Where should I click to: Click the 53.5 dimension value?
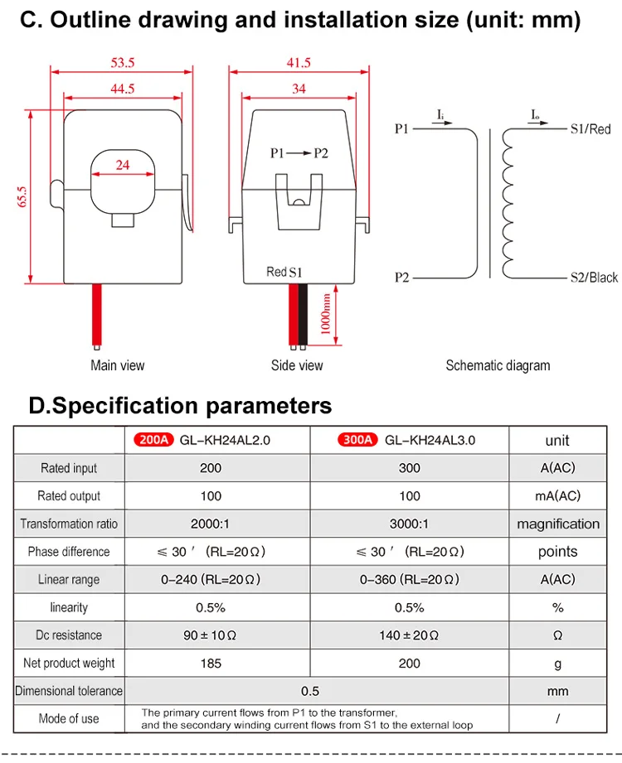(122, 63)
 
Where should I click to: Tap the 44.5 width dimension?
(122, 89)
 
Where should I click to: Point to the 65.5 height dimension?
(22, 196)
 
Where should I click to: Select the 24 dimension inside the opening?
(123, 165)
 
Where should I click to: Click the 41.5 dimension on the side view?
(299, 63)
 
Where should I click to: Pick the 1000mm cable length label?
(325, 314)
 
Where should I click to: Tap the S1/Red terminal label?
(590, 129)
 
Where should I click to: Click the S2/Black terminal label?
(595, 278)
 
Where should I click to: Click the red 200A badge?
(153, 440)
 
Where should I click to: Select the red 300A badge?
(357, 440)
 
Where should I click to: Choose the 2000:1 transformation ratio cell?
(210, 524)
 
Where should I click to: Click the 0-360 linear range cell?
(409, 580)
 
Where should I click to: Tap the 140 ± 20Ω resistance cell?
(409, 635)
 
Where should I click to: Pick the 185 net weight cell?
(211, 664)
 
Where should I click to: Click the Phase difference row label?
(69, 551)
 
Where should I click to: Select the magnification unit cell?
(558, 524)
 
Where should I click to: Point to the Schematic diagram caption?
(498, 365)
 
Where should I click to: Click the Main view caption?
(118, 365)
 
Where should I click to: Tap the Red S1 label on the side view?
(284, 272)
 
